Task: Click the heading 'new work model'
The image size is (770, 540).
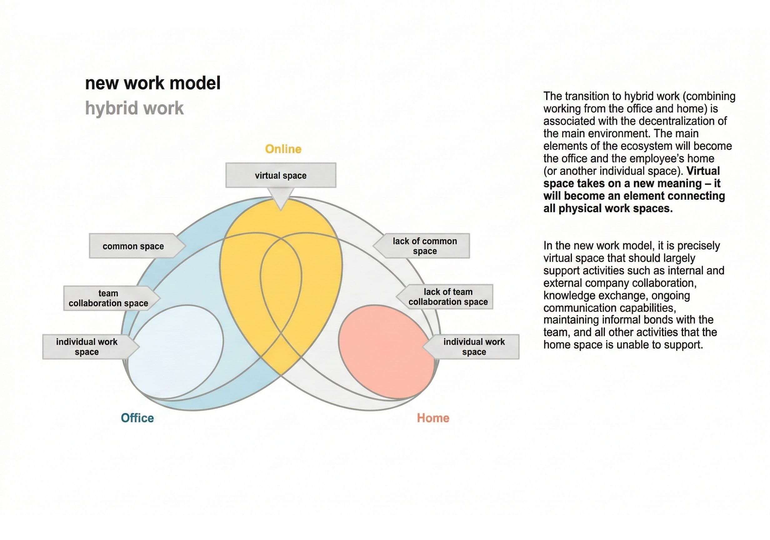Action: coord(153,83)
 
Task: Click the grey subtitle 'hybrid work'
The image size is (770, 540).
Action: coord(134,108)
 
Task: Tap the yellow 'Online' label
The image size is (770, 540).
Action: coord(283,149)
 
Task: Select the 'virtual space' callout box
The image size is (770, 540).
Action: coord(281,175)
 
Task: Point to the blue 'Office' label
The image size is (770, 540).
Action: coord(137,418)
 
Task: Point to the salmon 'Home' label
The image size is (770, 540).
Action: coord(433,418)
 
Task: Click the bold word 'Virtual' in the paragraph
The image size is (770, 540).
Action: coord(703,171)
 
